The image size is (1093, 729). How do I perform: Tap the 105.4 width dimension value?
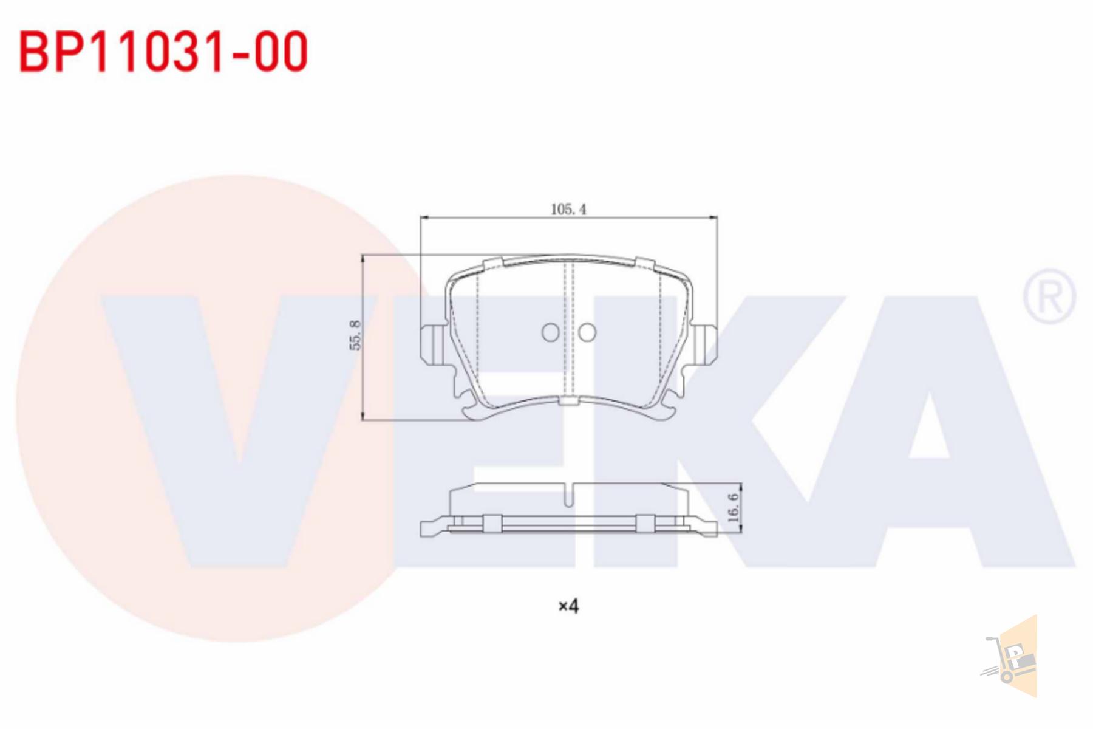click(x=568, y=209)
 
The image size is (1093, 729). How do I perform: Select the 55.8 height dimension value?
click(x=355, y=335)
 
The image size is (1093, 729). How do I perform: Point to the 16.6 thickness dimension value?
click(x=733, y=507)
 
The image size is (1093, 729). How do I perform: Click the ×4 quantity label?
click(x=568, y=606)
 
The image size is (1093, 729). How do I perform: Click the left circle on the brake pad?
click(x=551, y=332)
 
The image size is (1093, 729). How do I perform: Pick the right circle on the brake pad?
click(x=587, y=332)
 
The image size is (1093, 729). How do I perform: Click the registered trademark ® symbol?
click(x=1049, y=296)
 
